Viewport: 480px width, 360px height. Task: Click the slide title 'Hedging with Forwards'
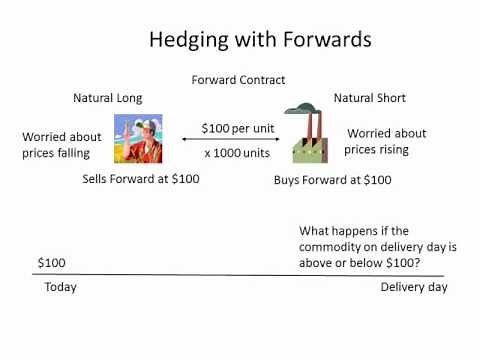260,40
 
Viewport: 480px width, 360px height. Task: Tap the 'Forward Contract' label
240,80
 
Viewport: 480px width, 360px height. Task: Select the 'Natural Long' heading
108,98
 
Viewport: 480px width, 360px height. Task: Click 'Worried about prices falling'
62,145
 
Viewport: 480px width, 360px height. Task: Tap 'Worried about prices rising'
386,141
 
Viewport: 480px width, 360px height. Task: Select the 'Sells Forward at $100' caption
141,179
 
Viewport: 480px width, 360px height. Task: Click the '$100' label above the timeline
52,263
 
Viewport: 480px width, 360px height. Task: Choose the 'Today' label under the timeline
60,287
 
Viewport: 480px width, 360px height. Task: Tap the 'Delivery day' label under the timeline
414,287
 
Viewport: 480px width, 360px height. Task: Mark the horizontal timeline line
240,275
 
